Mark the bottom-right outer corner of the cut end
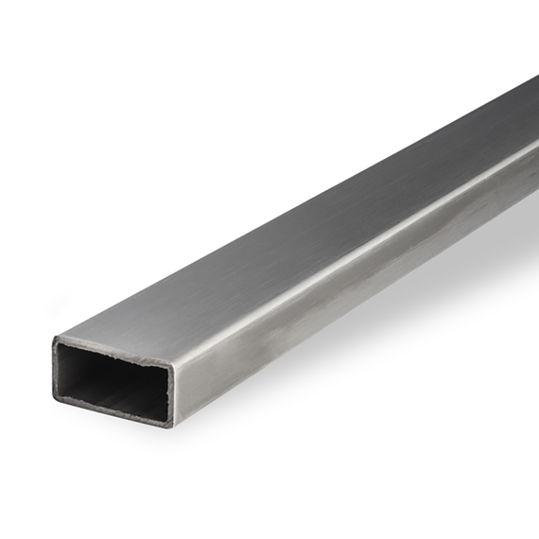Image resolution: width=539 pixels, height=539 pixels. [172, 426]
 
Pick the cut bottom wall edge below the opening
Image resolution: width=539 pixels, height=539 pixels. [111, 412]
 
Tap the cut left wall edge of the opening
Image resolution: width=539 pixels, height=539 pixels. [55, 369]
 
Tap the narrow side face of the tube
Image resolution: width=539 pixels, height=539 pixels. [337, 283]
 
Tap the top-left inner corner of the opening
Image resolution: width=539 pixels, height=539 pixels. [61, 345]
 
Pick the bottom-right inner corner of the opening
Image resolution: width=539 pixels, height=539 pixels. [166, 419]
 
